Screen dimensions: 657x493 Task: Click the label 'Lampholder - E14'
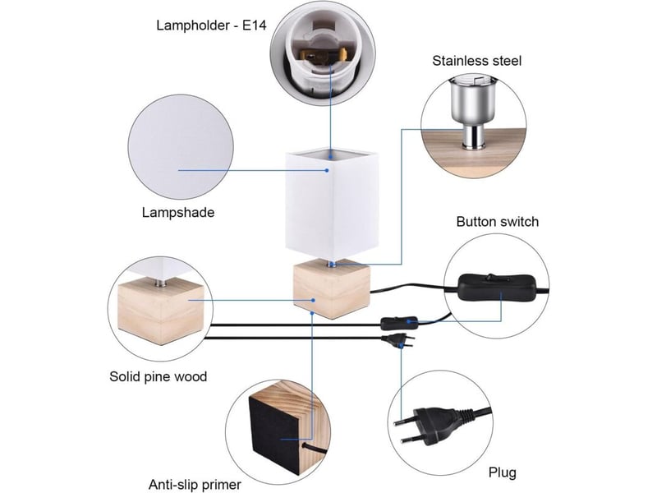point(211,25)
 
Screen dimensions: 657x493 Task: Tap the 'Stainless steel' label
point(477,61)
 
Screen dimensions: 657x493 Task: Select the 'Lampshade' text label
point(178,213)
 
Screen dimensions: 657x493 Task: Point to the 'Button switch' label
point(498,221)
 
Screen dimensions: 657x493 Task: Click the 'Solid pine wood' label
point(158,376)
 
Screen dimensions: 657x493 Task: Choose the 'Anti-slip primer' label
point(195,485)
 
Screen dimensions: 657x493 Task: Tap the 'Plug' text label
point(502,473)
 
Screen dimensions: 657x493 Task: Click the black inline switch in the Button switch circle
point(497,288)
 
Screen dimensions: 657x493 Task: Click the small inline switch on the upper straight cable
point(399,323)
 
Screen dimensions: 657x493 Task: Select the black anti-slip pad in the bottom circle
point(274,434)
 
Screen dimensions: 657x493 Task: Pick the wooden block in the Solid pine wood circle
point(161,312)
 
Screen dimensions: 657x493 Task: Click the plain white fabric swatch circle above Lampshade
point(181,147)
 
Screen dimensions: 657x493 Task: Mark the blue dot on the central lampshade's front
point(327,170)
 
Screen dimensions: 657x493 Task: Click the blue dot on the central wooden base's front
point(313,300)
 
